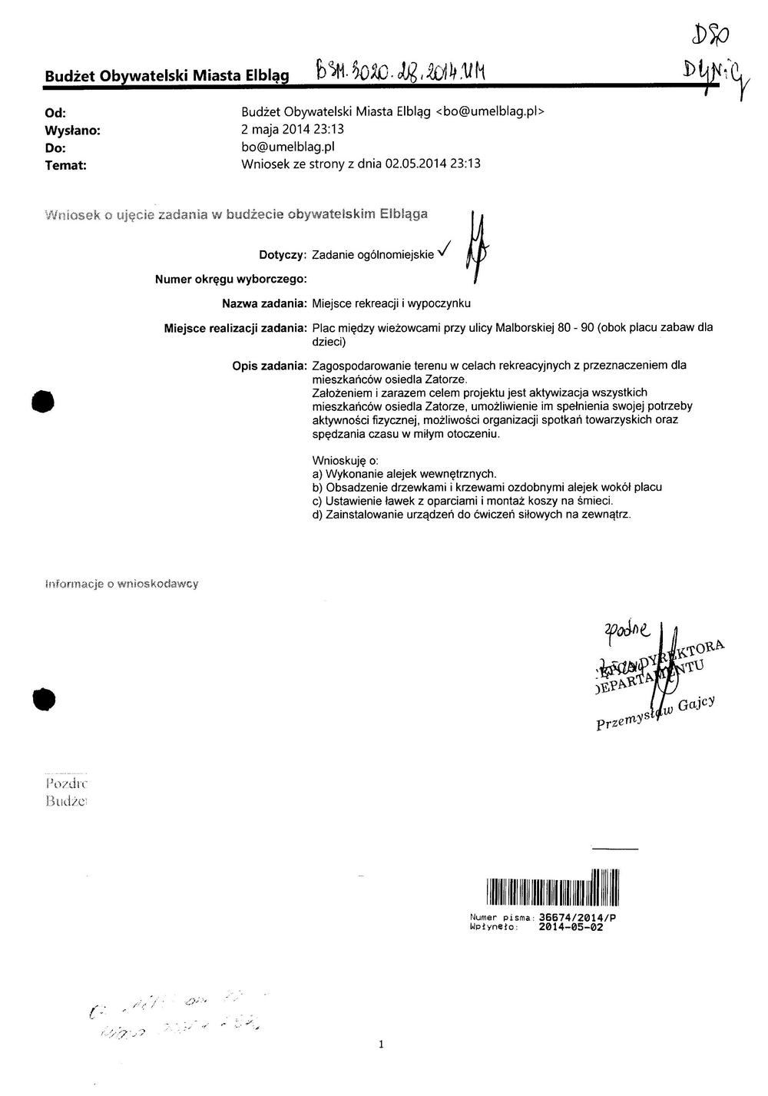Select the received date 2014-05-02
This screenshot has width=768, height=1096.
(x=571, y=927)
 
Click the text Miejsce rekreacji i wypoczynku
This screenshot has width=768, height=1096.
(x=391, y=304)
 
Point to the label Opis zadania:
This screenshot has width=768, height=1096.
(x=270, y=366)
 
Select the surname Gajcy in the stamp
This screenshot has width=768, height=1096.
(x=696, y=704)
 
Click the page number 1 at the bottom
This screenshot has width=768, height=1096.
(x=382, y=1045)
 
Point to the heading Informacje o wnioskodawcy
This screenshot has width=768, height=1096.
(x=122, y=584)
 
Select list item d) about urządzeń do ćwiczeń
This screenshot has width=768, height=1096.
(x=471, y=515)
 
